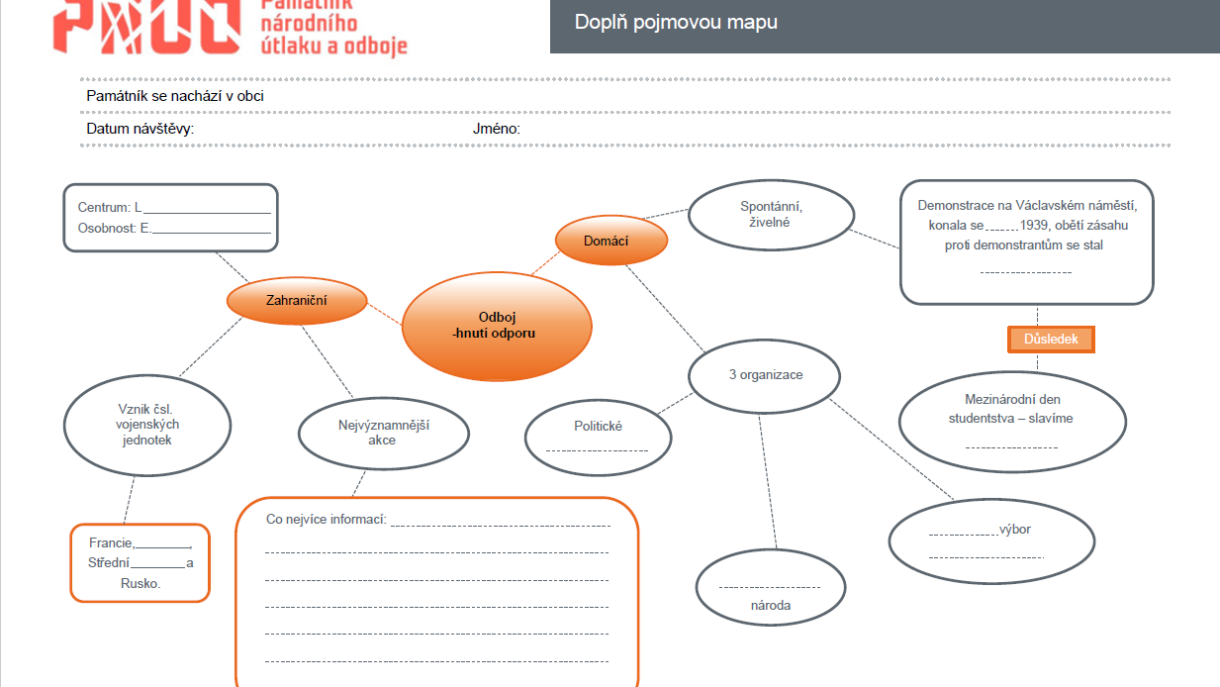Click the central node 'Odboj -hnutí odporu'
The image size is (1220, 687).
[496, 326]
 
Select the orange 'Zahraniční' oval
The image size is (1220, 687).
[297, 301]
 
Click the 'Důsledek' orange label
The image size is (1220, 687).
[1051, 340]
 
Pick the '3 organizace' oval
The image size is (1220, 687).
[765, 376]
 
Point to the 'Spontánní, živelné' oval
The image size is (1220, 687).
[771, 214]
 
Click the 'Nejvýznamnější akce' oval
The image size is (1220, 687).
[383, 433]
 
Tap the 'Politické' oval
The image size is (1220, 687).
[598, 436]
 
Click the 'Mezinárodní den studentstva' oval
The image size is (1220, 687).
[1012, 420]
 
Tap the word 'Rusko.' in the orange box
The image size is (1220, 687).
[140, 584]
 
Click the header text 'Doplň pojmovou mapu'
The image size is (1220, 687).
[676, 22]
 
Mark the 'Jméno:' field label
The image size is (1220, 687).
[497, 130]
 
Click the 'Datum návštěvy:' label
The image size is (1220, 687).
[141, 130]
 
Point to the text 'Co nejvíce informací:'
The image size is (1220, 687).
[327, 520]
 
